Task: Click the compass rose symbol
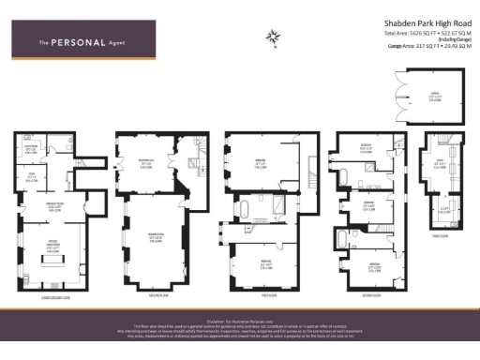click(274, 37)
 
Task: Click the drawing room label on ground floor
click(147, 237)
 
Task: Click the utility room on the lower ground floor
click(31, 148)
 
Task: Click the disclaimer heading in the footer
click(240, 318)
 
